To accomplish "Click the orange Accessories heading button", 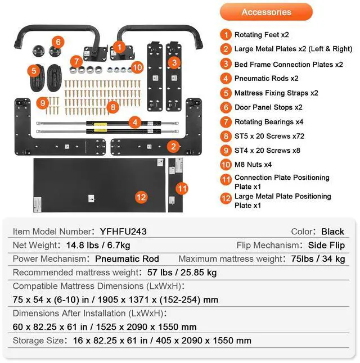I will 266,12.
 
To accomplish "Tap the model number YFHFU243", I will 123,232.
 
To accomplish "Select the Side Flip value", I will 326,245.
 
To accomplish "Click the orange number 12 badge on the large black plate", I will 141,197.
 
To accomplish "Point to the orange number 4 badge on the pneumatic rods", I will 134,121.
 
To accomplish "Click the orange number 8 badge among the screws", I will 112,106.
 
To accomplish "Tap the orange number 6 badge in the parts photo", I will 59,42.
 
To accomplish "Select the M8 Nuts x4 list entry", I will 253,165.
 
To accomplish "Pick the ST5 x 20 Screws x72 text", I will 269,136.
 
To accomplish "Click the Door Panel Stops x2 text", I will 268,107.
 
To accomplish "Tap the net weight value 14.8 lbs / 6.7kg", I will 99,245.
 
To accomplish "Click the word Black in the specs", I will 332,232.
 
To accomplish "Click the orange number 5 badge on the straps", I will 34,71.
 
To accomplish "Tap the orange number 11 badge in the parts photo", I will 181,188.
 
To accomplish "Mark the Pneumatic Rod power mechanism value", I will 127,259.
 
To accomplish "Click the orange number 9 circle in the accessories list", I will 226,151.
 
